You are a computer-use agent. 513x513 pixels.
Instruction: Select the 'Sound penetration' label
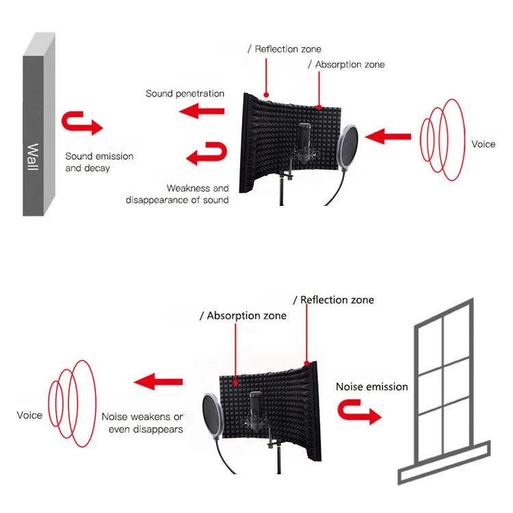(185, 93)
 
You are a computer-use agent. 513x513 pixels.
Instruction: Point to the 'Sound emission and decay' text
(99, 162)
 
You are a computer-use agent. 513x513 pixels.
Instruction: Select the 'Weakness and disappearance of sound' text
(178, 194)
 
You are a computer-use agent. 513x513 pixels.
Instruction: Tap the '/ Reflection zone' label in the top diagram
(284, 49)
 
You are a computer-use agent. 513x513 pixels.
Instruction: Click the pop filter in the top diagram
(348, 145)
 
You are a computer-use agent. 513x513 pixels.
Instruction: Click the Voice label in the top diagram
(483, 144)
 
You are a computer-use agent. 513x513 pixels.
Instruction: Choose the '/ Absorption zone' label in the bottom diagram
(243, 316)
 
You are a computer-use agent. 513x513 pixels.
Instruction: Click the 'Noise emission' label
(371, 386)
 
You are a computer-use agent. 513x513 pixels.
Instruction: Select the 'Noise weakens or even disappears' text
(142, 423)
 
